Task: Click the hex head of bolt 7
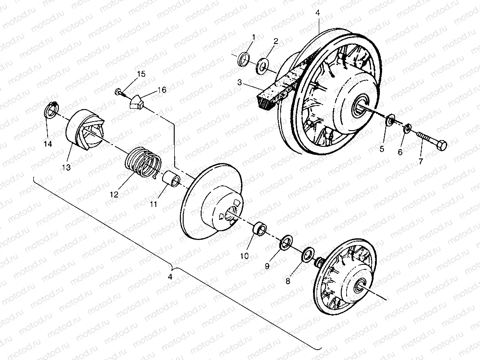point(441,145)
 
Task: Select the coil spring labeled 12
point(143,162)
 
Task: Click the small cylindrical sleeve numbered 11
point(171,179)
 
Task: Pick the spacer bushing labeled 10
point(259,228)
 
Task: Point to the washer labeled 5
point(391,119)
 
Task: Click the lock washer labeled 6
point(407,127)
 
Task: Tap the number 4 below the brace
point(170,277)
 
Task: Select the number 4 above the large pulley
point(317,13)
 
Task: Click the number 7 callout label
point(421,161)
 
